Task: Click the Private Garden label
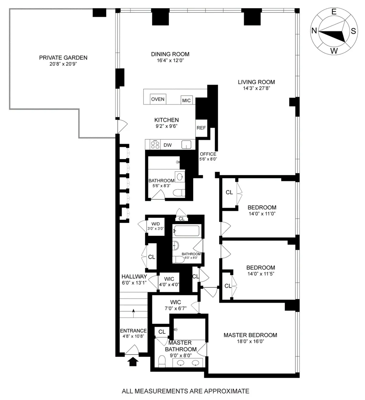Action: tap(63, 58)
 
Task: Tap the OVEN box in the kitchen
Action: tap(158, 99)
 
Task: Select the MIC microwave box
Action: tap(186, 100)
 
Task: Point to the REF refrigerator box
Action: tap(201, 128)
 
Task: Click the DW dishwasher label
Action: tap(168, 145)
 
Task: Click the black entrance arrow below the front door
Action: tap(133, 361)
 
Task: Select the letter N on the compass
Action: tap(314, 31)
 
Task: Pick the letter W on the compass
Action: tap(334, 51)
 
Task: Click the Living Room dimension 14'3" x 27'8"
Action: tap(256, 88)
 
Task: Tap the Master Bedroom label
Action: tap(250, 335)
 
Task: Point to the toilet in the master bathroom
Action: tap(162, 361)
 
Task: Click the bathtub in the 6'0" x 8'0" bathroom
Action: tap(186, 231)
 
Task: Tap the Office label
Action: tap(208, 154)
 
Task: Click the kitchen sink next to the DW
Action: tap(186, 145)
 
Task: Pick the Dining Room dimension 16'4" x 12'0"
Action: tap(170, 60)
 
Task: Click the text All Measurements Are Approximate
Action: tap(186, 391)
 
